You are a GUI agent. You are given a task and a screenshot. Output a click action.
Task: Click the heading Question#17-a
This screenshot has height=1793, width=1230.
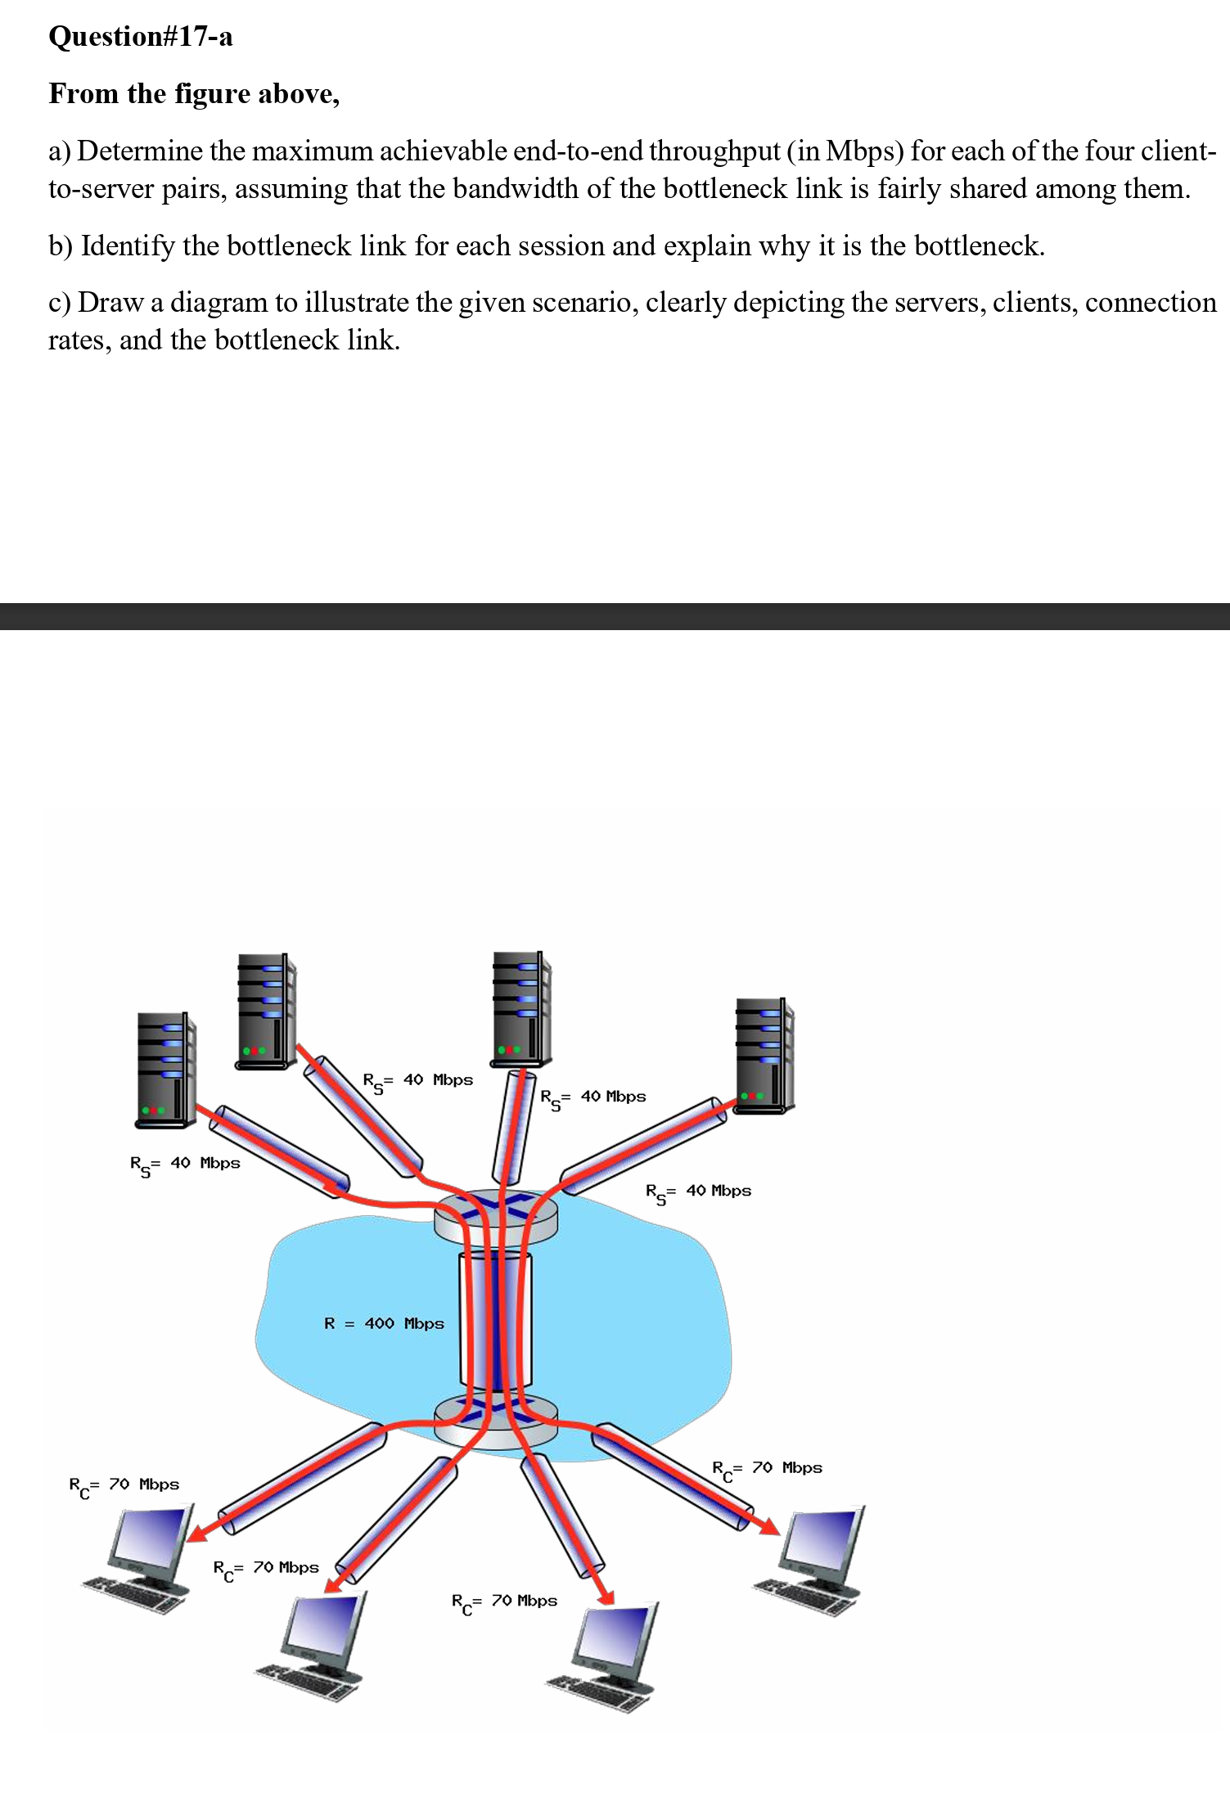tap(140, 37)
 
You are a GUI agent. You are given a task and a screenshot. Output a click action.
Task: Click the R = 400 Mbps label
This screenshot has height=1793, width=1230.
tap(384, 1323)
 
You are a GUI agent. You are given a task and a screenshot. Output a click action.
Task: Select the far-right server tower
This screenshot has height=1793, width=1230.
tap(764, 1055)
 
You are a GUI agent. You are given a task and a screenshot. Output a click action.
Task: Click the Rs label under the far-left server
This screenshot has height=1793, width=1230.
tap(185, 1165)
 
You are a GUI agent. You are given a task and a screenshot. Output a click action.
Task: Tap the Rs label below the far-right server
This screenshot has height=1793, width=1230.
tap(698, 1192)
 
